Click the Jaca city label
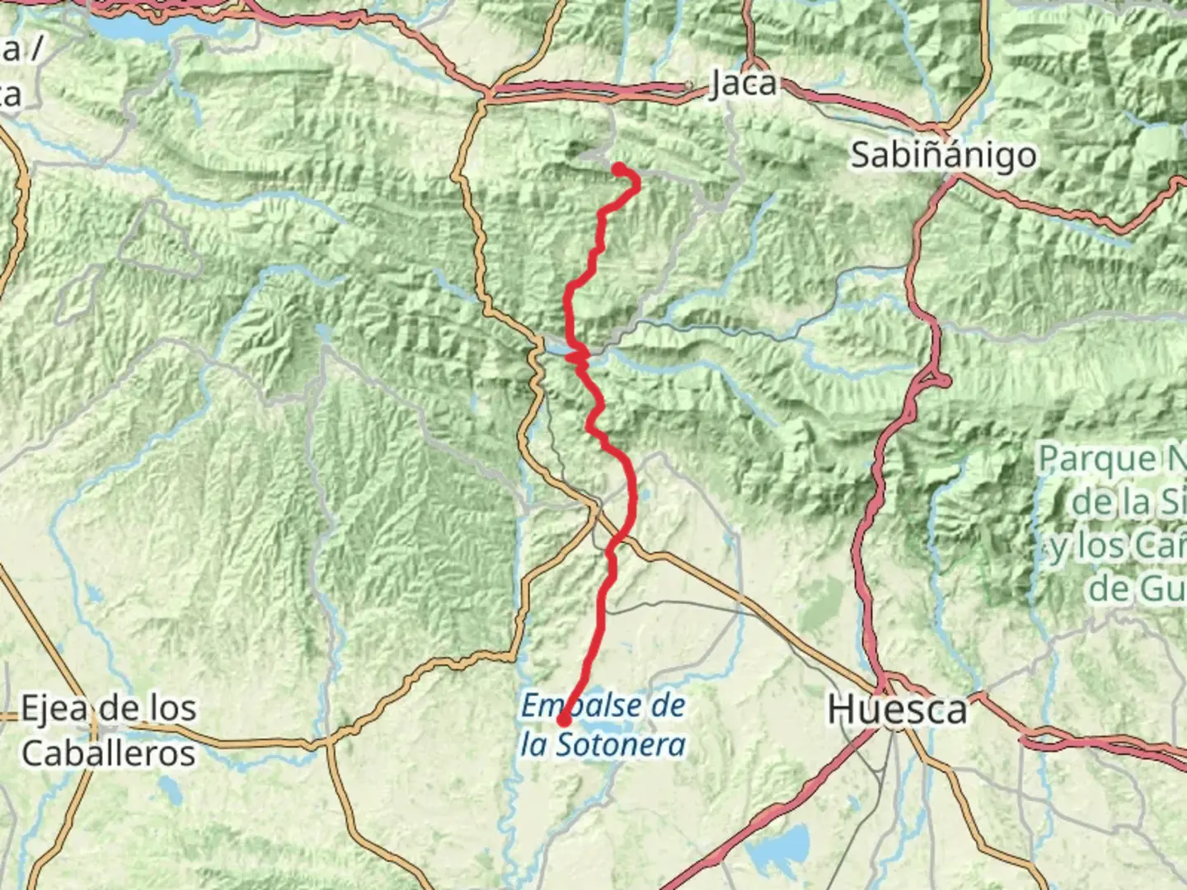coord(743,83)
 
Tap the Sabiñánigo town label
coord(943,155)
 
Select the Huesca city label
coord(896,709)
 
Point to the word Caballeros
coord(108,753)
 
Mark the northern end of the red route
coord(617,169)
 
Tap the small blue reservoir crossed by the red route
coord(573,354)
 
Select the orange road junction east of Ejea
coord(330,738)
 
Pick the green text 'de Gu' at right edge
coord(1138,588)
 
